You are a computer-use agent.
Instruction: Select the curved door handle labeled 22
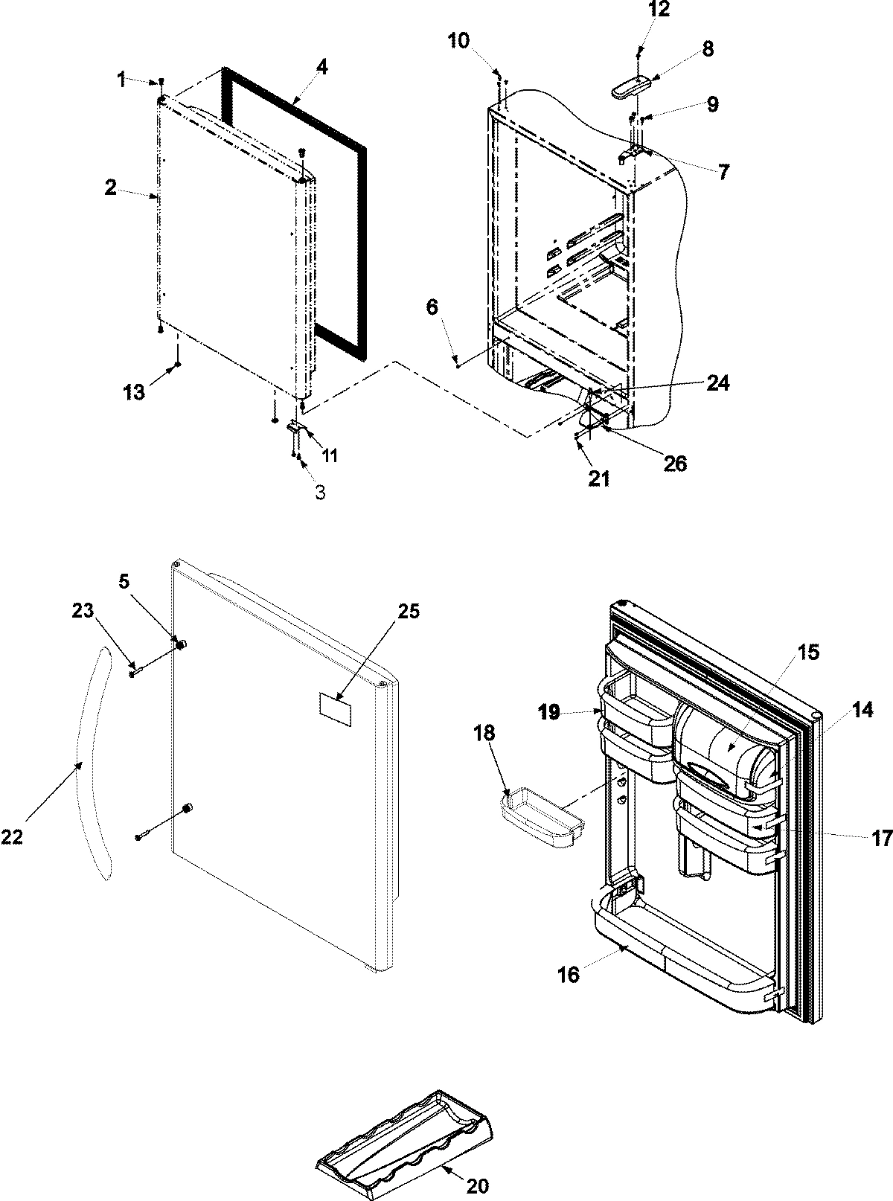point(94,763)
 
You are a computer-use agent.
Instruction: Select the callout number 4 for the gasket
point(321,66)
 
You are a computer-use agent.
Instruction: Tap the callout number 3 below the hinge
point(319,493)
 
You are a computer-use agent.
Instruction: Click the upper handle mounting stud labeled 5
point(180,641)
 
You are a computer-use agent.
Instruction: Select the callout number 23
point(83,611)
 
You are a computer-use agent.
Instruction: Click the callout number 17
point(882,839)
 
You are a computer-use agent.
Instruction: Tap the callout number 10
point(458,40)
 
